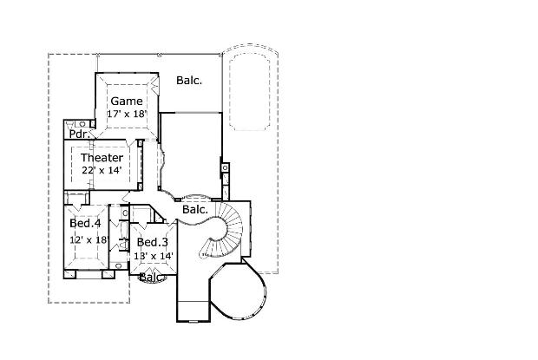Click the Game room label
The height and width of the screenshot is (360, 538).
click(127, 101)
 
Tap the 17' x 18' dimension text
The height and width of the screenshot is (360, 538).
click(127, 114)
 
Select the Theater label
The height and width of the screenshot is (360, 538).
click(102, 158)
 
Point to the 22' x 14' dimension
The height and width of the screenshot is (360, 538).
click(102, 170)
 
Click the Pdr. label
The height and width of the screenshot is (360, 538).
click(80, 134)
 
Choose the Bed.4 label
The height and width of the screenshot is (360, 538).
click(85, 223)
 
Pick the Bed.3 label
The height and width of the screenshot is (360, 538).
click(152, 242)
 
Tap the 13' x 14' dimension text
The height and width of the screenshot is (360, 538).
click(154, 255)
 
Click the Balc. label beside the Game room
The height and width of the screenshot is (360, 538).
click(189, 81)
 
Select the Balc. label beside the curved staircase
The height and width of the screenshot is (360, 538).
click(194, 209)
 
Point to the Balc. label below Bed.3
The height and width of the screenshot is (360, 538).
click(153, 278)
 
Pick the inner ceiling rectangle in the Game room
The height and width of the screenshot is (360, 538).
click(127, 107)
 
